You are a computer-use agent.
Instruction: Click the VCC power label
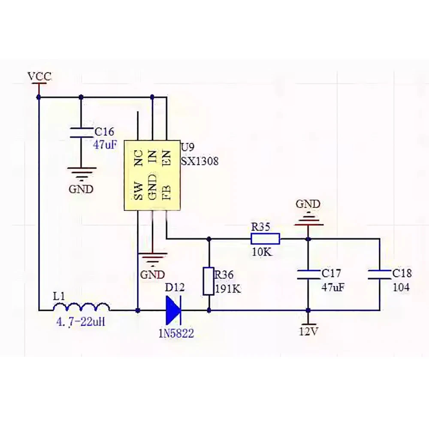[39, 77]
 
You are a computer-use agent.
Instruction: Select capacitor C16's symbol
[81, 132]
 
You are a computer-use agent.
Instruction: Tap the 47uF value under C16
[105, 145]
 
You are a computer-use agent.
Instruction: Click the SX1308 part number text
[200, 161]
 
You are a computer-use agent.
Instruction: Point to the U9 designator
[187, 147]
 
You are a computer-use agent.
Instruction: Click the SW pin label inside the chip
[139, 191]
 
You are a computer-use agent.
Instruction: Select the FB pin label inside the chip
[166, 193]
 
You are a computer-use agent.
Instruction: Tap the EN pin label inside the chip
[166, 158]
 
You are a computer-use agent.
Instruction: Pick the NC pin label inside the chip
[139, 158]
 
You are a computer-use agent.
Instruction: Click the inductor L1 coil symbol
[82, 307]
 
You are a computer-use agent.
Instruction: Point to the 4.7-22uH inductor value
[81, 322]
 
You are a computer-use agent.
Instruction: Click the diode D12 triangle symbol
[173, 310]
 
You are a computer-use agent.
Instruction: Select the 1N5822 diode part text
[176, 333]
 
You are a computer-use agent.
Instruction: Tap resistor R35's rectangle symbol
[265, 239]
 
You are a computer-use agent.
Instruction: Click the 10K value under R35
[262, 252]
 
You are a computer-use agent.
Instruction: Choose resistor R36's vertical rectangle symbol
[208, 281]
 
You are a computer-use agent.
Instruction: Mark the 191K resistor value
[228, 289]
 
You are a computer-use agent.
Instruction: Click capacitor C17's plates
[308, 275]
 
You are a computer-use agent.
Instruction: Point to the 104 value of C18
[401, 287]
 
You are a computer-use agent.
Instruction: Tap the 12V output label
[308, 332]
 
